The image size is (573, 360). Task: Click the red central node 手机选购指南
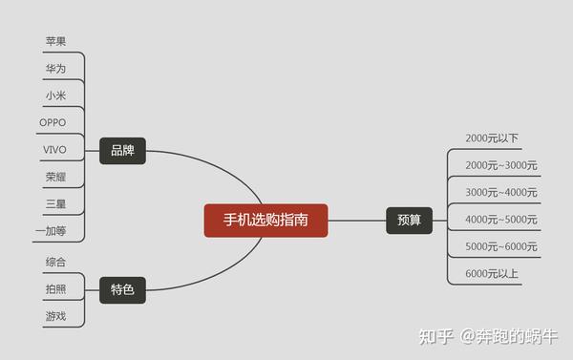click(265, 220)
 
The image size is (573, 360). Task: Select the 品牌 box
click(122, 151)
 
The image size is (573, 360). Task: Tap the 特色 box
click(122, 289)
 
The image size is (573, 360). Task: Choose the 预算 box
click(409, 220)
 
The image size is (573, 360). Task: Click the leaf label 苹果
click(55, 41)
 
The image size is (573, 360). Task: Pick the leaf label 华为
click(55, 69)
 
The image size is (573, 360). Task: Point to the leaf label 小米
click(55, 95)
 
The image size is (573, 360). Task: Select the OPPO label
click(53, 122)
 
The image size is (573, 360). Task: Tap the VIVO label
click(54, 150)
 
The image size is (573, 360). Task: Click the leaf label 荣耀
click(55, 177)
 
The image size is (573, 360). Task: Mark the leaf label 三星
click(55, 204)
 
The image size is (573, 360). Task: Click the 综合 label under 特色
click(55, 262)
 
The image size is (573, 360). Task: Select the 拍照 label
click(55, 288)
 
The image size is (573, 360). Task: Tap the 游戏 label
click(55, 316)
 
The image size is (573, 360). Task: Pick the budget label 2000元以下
click(492, 138)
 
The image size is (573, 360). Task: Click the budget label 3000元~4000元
click(501, 192)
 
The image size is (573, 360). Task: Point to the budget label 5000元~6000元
click(501, 246)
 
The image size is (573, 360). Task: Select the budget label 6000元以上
click(492, 274)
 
